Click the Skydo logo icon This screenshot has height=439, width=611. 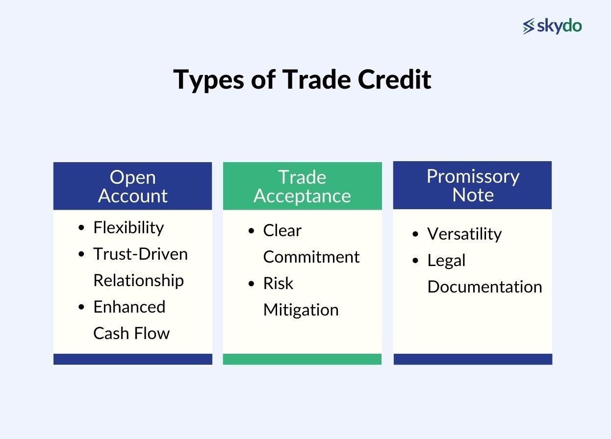point(529,26)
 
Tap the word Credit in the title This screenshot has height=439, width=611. point(394,79)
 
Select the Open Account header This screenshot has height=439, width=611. point(132,186)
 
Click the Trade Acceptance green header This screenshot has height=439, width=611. point(302,186)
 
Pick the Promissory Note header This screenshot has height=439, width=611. point(472,185)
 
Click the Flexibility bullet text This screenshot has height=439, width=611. point(128,227)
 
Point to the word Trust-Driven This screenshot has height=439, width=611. point(140,254)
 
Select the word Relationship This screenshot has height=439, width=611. point(138,280)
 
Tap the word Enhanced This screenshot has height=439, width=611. point(129,307)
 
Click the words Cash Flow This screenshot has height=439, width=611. point(131,333)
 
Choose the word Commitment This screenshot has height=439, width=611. point(311,257)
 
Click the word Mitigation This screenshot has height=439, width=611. point(301,310)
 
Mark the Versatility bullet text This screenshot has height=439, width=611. point(464,234)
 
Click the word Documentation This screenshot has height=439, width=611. point(484,287)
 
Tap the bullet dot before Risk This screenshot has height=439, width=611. point(252,284)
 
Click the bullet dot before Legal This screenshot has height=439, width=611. point(416,261)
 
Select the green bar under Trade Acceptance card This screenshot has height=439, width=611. point(302,359)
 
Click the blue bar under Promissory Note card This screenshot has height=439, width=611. point(472,359)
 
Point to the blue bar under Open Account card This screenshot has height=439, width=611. point(132,359)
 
